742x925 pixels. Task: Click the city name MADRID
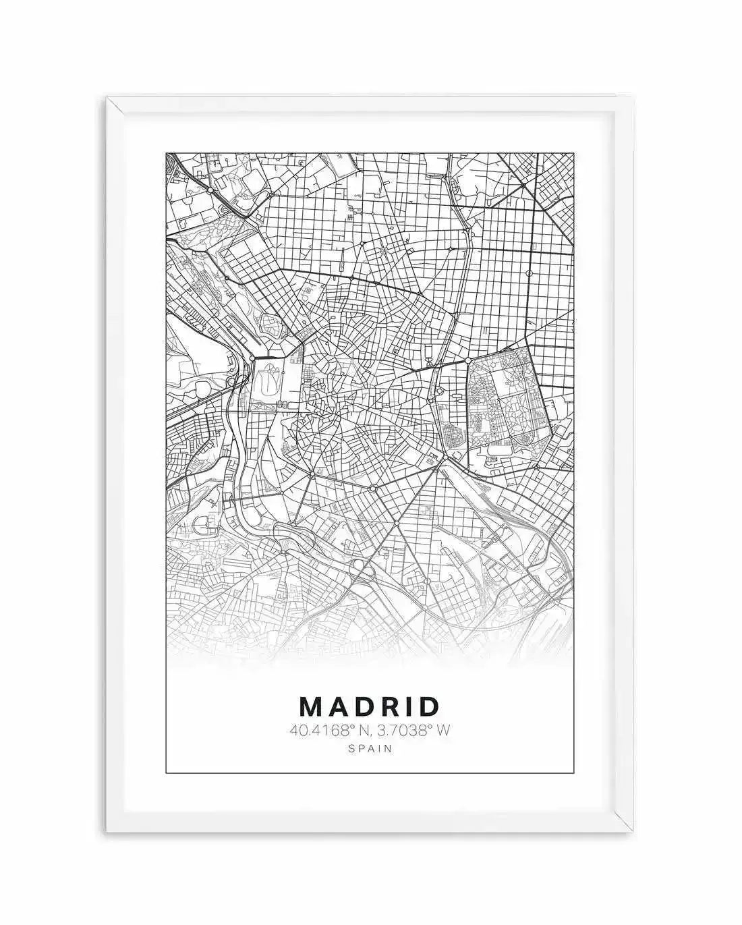369,706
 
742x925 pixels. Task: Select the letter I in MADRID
407,706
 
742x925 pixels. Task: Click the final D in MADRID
428,706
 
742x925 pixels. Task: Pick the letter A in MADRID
338,706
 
